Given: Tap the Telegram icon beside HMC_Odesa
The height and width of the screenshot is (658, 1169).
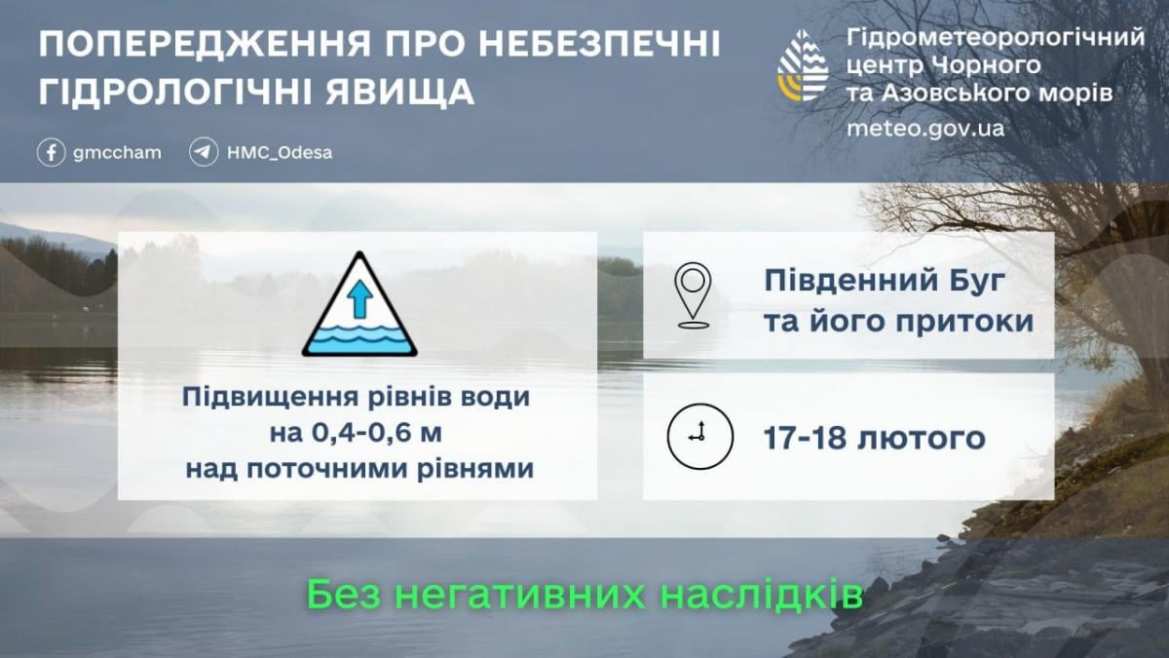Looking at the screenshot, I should (x=204, y=153).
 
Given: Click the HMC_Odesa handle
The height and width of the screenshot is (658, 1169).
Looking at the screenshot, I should (x=280, y=153).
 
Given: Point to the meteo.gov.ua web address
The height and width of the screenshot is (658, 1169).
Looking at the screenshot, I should (x=925, y=129).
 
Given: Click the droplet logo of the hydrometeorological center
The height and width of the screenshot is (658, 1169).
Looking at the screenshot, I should (x=803, y=66).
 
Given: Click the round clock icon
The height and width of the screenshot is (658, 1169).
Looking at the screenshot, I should (x=699, y=436).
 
